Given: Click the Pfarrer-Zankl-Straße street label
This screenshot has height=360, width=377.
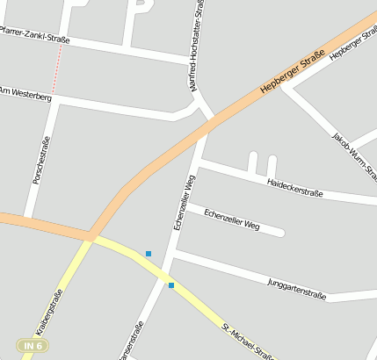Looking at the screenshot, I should pos(35,34).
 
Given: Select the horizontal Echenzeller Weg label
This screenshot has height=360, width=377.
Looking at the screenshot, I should pos(232,219).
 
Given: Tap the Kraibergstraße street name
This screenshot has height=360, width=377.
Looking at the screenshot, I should pos(50,313).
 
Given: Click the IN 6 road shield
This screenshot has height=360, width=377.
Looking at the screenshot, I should pos(33,346).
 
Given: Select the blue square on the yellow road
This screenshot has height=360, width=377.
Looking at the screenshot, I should pos(171,284).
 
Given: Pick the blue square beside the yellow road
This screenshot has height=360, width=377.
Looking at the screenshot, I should pos(149,254).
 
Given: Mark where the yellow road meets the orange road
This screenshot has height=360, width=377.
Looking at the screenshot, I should pos(91,236).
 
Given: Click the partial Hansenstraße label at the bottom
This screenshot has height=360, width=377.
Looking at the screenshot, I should pos(132,344).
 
